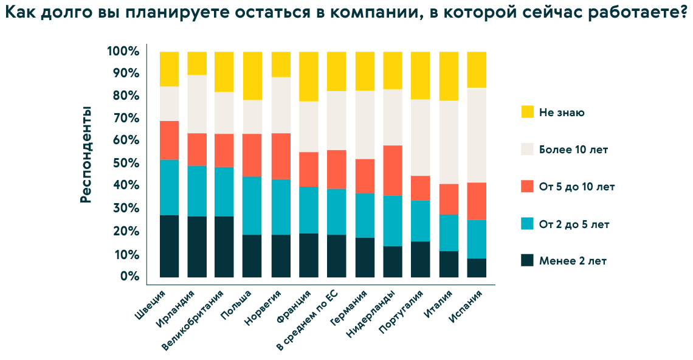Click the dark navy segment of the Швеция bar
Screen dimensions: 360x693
(x=169, y=246)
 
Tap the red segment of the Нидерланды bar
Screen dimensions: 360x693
(x=393, y=170)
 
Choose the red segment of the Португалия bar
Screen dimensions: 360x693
(x=421, y=188)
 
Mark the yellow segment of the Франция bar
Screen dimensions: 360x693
(x=309, y=76)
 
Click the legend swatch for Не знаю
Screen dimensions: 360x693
(x=527, y=112)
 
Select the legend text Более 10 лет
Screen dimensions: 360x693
(x=573, y=149)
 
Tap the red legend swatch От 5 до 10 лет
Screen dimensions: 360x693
(x=527, y=186)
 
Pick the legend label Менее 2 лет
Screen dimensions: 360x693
(x=572, y=261)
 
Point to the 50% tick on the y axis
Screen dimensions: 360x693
(x=124, y=163)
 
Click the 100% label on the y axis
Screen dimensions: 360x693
(x=123, y=51)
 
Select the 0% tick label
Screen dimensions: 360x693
(x=129, y=277)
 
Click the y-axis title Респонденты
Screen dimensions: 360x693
(x=86, y=154)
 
